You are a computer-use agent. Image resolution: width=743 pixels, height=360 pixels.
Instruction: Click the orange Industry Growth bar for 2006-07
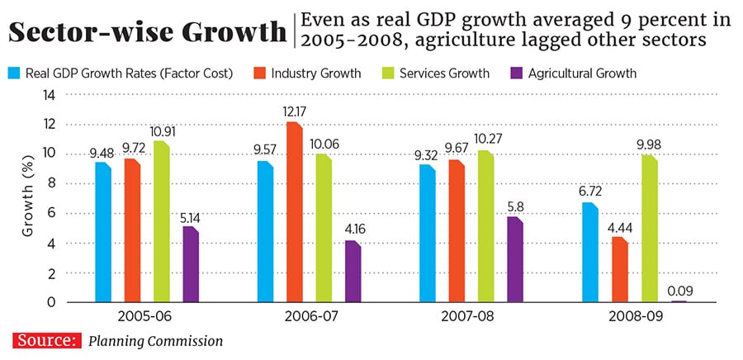click(x=293, y=213)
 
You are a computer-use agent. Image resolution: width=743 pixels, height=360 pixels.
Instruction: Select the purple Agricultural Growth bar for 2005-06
click(x=190, y=265)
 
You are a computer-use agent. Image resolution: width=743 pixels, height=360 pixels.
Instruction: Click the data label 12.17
click(x=292, y=111)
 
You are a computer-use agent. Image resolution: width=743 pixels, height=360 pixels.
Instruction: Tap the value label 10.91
click(x=162, y=130)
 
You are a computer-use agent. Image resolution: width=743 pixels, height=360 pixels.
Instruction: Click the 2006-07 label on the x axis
click(x=310, y=316)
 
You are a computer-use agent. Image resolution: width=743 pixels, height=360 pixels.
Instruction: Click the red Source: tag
click(x=46, y=339)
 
